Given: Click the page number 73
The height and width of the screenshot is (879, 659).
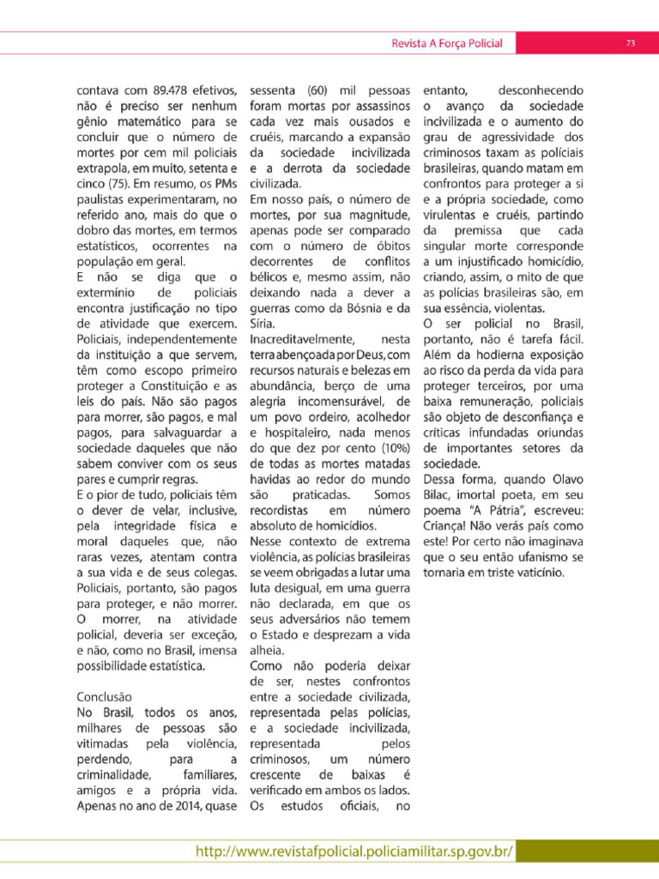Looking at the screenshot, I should (x=630, y=43).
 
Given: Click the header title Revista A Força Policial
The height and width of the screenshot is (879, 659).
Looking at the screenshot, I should (x=446, y=43).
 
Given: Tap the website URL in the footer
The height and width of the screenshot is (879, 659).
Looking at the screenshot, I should (x=354, y=852).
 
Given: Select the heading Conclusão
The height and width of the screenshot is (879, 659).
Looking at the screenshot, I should (x=104, y=697).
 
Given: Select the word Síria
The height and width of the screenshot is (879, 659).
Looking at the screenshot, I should (x=263, y=324).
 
